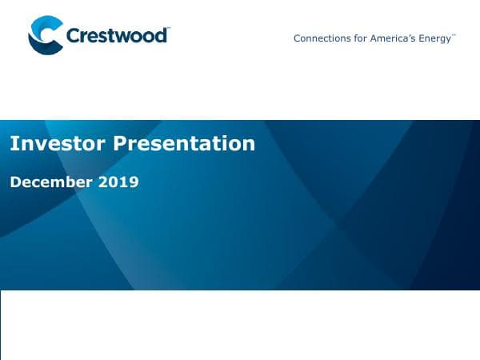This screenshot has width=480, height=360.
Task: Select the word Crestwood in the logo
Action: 117,36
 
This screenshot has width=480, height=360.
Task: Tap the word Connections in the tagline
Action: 322,38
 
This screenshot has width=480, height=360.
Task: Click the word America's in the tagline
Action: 393,38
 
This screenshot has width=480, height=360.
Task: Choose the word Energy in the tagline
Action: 435,38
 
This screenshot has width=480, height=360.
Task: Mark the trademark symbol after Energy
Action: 454,35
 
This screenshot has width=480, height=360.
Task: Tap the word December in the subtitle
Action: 51,182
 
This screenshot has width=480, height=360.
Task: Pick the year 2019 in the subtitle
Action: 118,182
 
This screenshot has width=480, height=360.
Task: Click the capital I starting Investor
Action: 13,144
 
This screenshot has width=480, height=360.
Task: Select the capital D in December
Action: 15,182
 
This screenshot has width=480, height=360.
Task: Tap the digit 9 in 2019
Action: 134,182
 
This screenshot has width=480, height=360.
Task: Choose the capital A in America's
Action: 374,38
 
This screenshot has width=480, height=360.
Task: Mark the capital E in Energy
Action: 422,38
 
